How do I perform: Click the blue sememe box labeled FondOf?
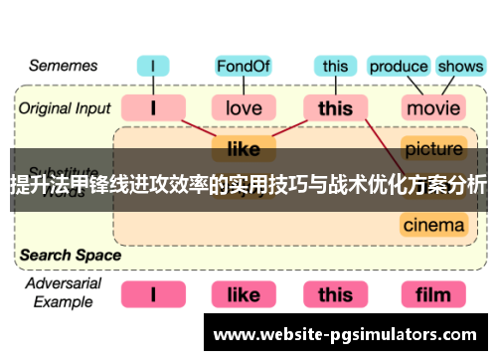pyautogui.click(x=244, y=68)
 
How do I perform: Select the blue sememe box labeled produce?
pyautogui.click(x=398, y=68)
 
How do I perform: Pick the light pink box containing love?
pyautogui.click(x=244, y=107)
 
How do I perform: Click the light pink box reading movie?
pyautogui.click(x=433, y=107)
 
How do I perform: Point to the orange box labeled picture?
pyautogui.click(x=433, y=150)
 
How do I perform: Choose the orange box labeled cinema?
pyautogui.click(x=433, y=225)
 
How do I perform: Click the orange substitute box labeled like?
pyautogui.click(x=244, y=150)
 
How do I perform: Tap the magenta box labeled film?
pyautogui.click(x=433, y=294)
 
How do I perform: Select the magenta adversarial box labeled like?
pyautogui.click(x=244, y=294)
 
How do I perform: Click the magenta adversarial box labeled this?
pyautogui.click(x=335, y=294)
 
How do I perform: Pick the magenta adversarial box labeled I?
pyautogui.click(x=154, y=294)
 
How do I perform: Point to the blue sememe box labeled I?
pyautogui.click(x=154, y=68)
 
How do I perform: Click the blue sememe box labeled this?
pyautogui.click(x=335, y=68)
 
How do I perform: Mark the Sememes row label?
pyautogui.click(x=63, y=67)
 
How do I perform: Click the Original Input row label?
pyautogui.click(x=63, y=107)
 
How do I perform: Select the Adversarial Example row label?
pyautogui.click(x=62, y=294)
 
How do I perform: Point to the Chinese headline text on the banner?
pyautogui.click(x=248, y=185)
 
